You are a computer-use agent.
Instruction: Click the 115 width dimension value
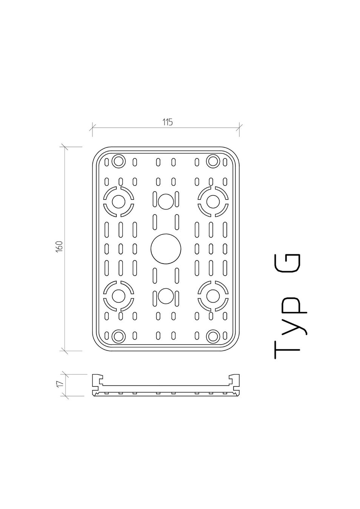pos(168,122)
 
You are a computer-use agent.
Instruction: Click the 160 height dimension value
pos(59,246)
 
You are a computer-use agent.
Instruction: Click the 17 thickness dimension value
pos(60,384)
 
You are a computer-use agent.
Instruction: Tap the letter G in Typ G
pos(287,263)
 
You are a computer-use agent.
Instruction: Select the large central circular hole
pos(166,249)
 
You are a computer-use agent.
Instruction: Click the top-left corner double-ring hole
pos(118,161)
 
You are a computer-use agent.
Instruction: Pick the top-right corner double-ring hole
pos(213,161)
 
